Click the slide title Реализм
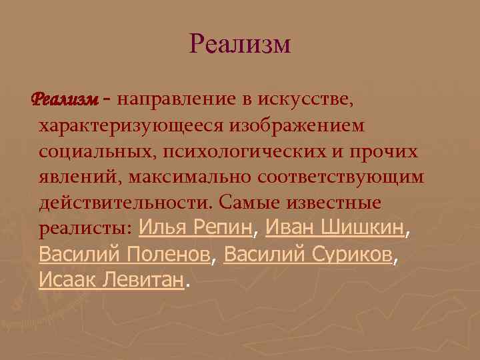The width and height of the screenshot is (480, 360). [x=240, y=45]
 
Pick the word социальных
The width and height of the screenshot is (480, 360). [x=97, y=151]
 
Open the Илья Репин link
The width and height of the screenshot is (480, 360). [x=197, y=228]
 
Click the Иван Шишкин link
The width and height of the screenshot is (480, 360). [x=335, y=228]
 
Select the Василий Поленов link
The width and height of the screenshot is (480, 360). [x=125, y=254]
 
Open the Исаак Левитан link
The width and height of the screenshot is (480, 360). [x=111, y=280]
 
